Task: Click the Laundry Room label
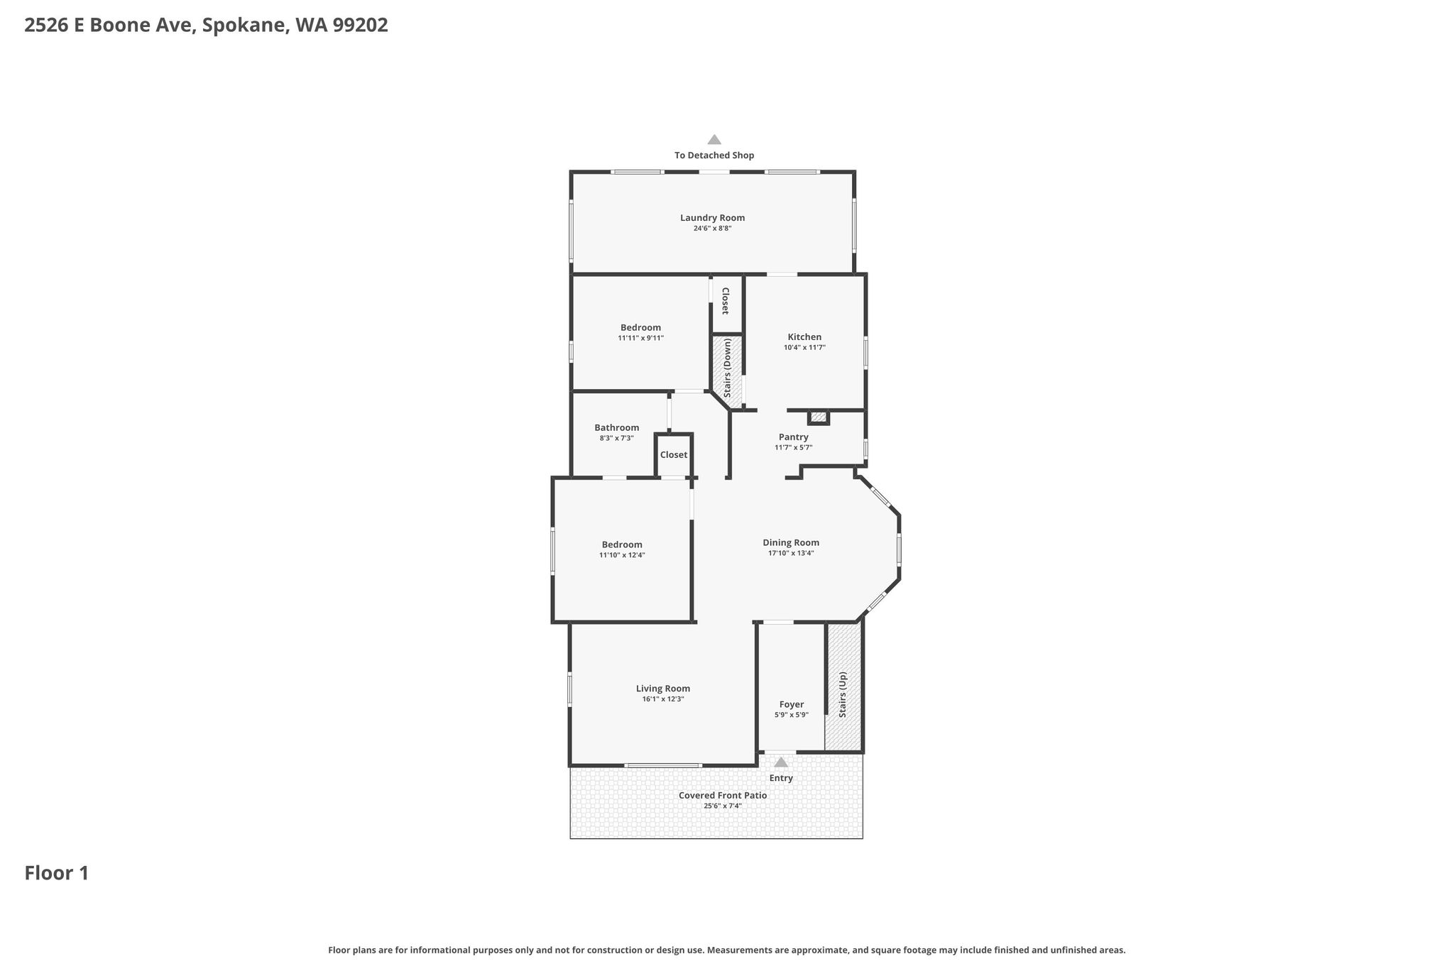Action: [x=712, y=218]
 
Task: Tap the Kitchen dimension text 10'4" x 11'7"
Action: [x=804, y=348]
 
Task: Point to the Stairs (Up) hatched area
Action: [x=843, y=686]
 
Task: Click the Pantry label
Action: [x=793, y=437]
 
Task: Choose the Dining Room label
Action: [x=791, y=543]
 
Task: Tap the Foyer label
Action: [x=791, y=705]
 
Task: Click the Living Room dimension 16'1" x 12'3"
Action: [x=662, y=699]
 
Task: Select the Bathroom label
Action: [x=616, y=428]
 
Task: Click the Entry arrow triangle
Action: [x=781, y=762]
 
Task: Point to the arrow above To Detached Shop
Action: [x=714, y=140]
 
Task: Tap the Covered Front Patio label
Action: [x=722, y=796]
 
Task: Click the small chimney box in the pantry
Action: [x=819, y=417]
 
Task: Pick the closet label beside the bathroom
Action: [x=673, y=455]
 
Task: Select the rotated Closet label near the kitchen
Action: [x=725, y=301]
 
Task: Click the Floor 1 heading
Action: [x=57, y=873]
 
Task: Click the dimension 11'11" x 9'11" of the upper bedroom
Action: [x=640, y=339]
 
